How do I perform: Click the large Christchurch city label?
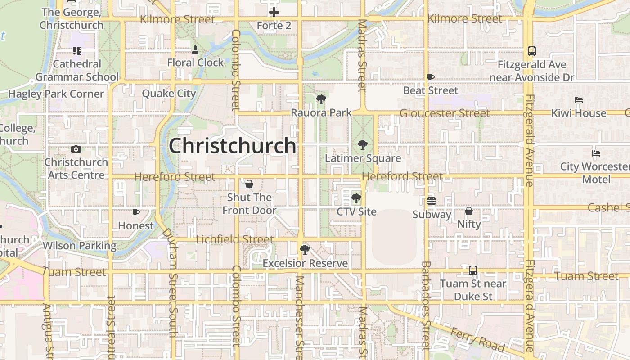coord(232,146)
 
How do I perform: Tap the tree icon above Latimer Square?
coord(362,145)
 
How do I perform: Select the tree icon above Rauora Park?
coord(321,99)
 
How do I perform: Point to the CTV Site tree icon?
coord(356,198)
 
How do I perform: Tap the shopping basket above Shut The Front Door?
coord(249,184)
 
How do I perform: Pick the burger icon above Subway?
coord(432,201)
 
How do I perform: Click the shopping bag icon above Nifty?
coord(469,211)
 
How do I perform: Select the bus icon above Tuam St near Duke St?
coord(473,270)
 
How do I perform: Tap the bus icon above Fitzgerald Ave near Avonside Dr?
coord(532,51)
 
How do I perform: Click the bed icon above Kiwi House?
coord(579,100)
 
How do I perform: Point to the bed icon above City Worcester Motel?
coord(596,153)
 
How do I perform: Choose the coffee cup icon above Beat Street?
coord(431,77)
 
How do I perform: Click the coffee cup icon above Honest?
coord(136,212)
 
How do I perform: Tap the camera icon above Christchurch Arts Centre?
coord(76,149)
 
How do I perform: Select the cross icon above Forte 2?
coord(274,12)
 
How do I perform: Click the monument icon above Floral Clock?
coord(195,49)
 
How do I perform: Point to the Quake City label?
coord(169,94)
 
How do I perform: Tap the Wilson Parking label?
coord(80,246)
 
